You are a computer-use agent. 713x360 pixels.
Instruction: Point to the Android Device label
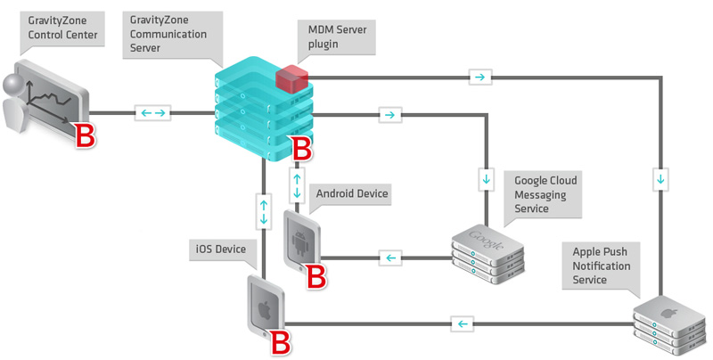tap(352, 192)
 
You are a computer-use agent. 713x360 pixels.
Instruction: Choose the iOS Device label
tap(222, 248)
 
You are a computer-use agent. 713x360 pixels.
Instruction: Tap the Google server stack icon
tap(488, 250)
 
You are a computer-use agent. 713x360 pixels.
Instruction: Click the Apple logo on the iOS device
tap(264, 309)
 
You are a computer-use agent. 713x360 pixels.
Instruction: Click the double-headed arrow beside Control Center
tap(152, 113)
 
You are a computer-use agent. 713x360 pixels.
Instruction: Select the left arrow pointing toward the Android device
tap(389, 258)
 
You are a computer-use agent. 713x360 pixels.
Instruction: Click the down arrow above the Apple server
tap(660, 177)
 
